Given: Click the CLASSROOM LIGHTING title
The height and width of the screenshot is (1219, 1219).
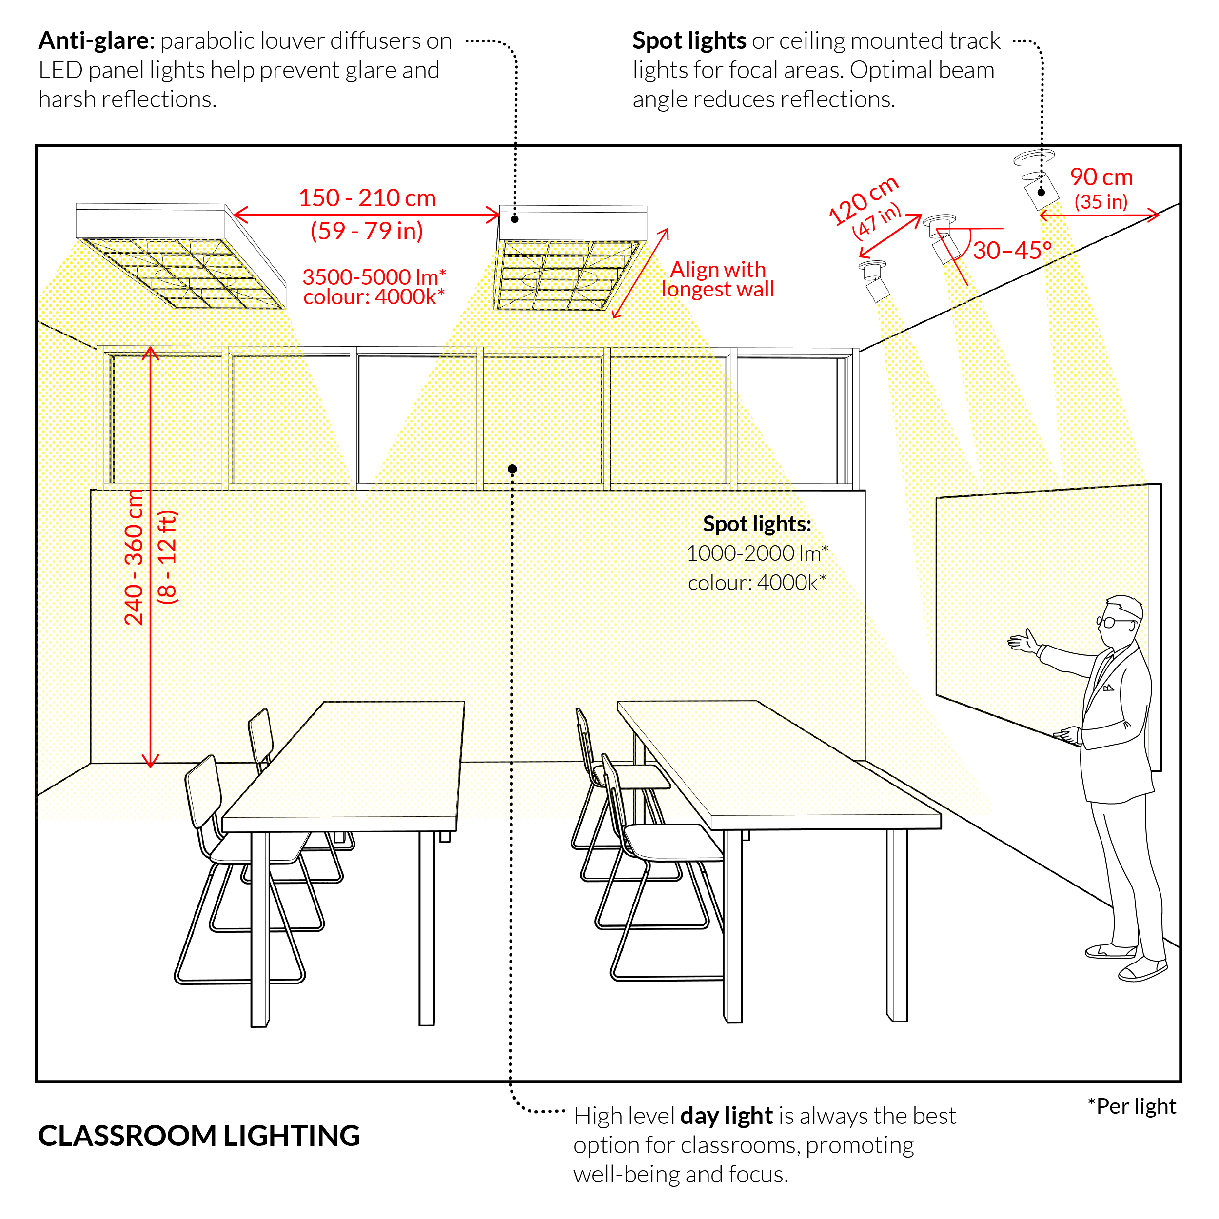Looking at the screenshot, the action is click(199, 1136).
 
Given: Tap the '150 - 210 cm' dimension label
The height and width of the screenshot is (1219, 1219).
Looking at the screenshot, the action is click(367, 198).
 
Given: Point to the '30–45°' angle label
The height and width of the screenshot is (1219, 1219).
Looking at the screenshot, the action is click(1012, 251).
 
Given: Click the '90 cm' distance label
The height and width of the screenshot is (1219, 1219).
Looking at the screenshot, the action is click(1101, 177).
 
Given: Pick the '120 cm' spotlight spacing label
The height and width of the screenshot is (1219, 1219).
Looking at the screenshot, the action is click(863, 199).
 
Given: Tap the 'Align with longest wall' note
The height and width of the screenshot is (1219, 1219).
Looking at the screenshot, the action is click(718, 279).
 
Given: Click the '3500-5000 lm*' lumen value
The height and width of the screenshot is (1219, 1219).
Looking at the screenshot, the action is click(374, 276).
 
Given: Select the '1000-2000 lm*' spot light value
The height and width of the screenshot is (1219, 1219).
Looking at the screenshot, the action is click(757, 553).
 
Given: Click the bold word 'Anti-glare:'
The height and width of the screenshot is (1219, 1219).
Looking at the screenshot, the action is click(97, 41).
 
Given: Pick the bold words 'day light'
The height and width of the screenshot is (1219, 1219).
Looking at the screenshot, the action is click(726, 1116).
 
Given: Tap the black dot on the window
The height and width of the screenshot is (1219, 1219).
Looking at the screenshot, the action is click(512, 469).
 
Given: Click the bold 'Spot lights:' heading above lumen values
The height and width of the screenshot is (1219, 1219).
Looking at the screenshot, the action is click(757, 524).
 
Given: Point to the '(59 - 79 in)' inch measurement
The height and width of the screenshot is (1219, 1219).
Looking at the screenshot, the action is click(367, 231).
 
